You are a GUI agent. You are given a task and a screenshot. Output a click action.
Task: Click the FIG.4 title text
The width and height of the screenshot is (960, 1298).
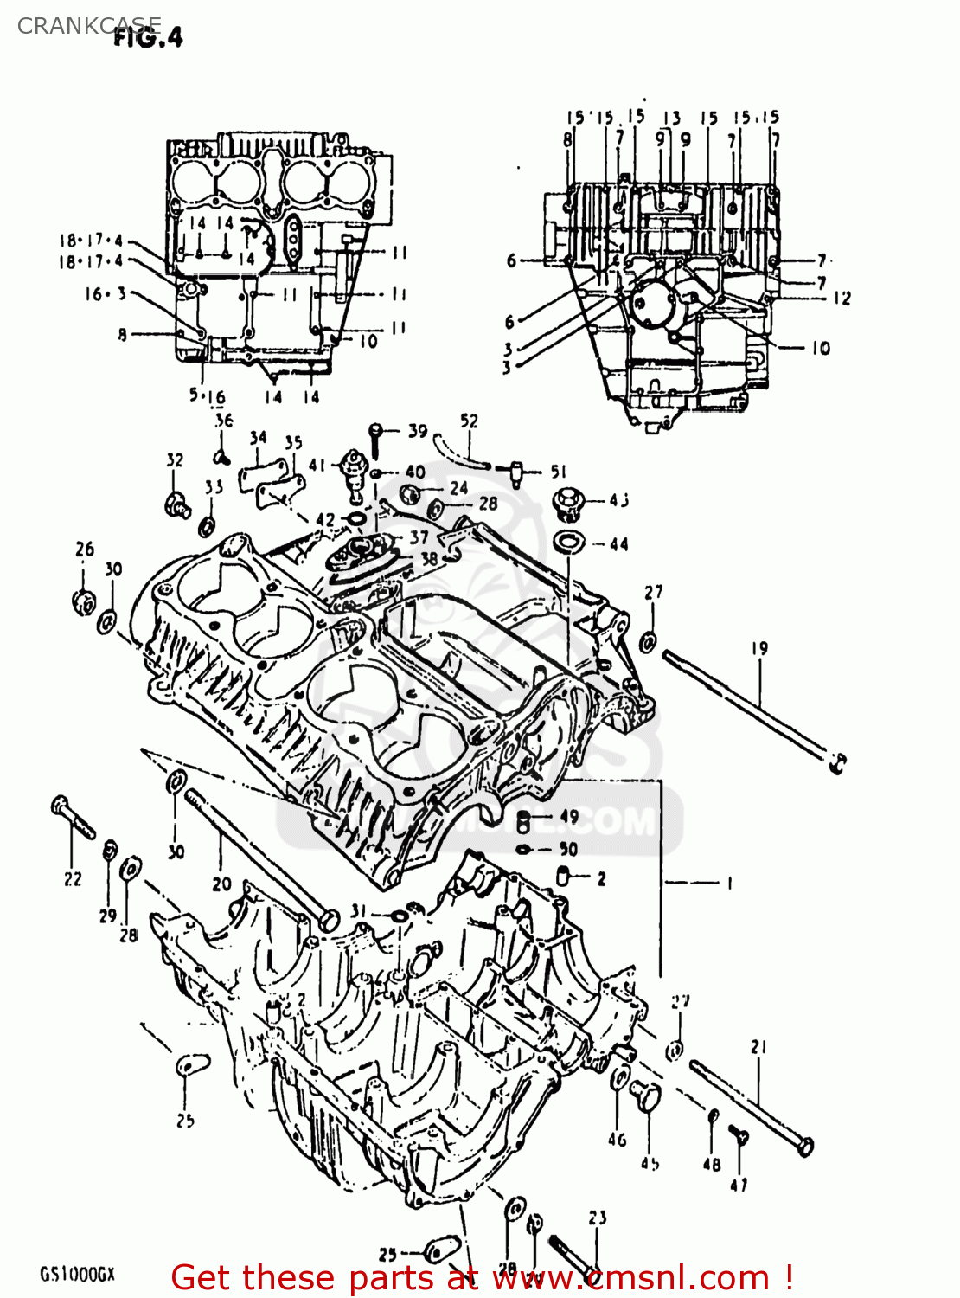point(148,37)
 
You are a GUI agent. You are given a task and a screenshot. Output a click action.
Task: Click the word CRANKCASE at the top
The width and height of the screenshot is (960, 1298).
point(88,26)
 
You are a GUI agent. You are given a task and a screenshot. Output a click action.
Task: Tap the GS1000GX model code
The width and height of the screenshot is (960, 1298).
point(77,1275)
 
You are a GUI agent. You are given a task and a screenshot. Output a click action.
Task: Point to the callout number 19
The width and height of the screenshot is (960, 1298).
point(759,648)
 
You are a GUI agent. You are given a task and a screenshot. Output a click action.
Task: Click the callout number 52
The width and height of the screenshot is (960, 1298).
point(469,421)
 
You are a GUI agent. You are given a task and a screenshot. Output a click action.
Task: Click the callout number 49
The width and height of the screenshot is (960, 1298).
point(569,816)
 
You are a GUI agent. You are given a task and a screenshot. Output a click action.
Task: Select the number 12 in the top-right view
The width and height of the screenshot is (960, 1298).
point(842,299)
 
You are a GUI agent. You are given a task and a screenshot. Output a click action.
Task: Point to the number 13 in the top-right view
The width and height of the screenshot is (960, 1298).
point(672,118)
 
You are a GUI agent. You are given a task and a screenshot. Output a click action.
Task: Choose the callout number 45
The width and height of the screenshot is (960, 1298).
point(650,1164)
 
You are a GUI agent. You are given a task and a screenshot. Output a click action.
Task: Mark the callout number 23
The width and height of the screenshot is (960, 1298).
point(598,1218)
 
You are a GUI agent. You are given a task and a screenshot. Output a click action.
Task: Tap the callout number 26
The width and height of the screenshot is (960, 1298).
point(85,549)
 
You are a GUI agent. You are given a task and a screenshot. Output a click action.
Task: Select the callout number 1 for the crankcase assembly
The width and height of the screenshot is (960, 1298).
point(729,884)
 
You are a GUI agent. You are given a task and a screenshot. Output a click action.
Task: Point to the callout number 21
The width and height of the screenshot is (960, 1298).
point(758,1047)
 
